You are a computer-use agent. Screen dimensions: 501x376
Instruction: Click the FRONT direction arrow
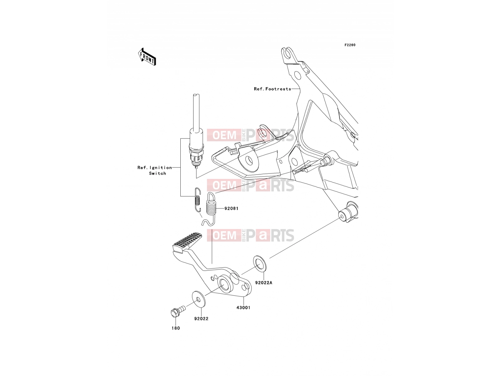(x=147, y=57)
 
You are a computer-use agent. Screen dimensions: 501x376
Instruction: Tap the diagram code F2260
(x=350, y=45)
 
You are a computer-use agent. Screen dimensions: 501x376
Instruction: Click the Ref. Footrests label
(x=272, y=89)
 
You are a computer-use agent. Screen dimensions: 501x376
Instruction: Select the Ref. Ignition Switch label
(x=154, y=170)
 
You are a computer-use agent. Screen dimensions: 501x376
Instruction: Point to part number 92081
(x=231, y=208)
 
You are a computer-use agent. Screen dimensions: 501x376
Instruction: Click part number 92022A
(x=264, y=283)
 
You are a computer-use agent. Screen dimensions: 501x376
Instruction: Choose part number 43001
(x=243, y=307)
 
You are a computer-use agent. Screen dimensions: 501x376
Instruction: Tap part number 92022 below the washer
(x=201, y=318)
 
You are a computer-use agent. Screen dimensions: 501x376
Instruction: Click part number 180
(x=176, y=328)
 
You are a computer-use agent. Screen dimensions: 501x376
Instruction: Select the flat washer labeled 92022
(x=199, y=299)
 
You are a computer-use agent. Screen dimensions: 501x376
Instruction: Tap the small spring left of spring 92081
(x=198, y=200)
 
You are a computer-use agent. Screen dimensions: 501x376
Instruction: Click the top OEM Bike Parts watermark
(x=250, y=135)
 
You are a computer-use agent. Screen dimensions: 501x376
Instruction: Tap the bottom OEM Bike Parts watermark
(x=250, y=235)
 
